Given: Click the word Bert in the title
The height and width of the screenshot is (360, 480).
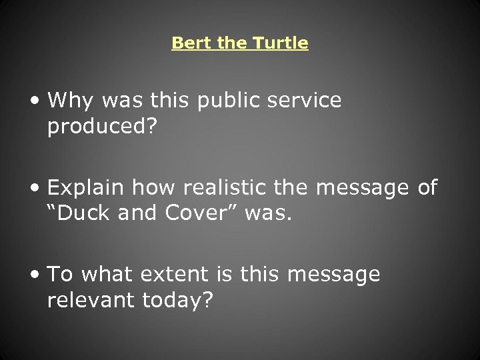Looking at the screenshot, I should [187, 43].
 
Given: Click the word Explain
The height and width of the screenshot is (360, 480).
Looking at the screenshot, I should [86, 188].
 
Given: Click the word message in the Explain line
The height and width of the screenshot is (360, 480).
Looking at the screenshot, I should [363, 188].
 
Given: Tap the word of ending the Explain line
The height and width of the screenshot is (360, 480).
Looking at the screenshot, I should [427, 188].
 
